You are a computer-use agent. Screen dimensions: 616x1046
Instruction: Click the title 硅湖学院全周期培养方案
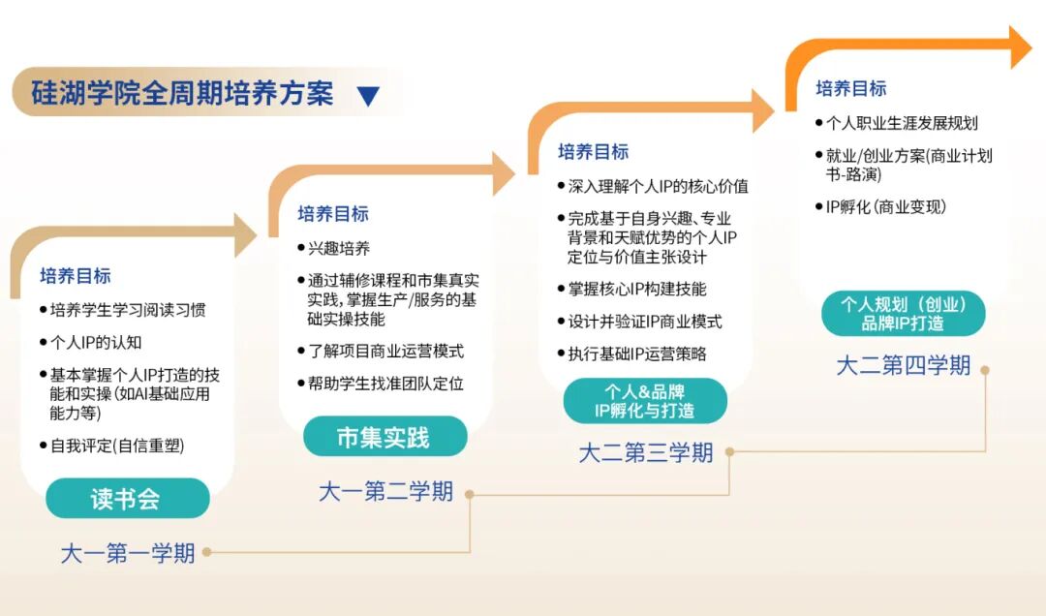coord(182,93)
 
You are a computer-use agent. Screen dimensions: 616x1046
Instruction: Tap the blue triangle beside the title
coord(368,95)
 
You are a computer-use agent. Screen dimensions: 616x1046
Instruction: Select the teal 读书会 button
coord(127,499)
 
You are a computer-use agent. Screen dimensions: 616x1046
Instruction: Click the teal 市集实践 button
coord(384,437)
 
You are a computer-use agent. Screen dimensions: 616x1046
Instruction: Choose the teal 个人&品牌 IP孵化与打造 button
coord(644,401)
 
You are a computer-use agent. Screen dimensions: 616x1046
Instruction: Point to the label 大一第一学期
coord(128,554)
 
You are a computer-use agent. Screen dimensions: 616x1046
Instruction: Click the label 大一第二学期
coord(385,492)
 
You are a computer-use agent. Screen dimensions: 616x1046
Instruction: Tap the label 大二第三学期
coord(646,452)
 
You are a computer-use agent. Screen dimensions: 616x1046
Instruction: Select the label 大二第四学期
coord(903,366)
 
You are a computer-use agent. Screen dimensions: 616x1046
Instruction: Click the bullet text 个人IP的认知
coord(96,342)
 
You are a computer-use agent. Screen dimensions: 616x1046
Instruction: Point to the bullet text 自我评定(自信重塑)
coord(117,446)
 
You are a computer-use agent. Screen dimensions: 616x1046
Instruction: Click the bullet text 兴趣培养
coord(339,248)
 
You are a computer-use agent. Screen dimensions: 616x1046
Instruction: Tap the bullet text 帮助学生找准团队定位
coord(385,384)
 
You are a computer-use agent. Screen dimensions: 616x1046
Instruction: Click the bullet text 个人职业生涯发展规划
coord(901,123)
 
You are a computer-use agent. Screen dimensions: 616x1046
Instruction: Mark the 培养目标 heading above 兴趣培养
coord(333,214)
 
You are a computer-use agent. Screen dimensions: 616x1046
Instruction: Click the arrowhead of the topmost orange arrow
coord(1022,46)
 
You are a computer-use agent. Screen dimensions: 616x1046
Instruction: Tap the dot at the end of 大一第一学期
coord(207,553)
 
